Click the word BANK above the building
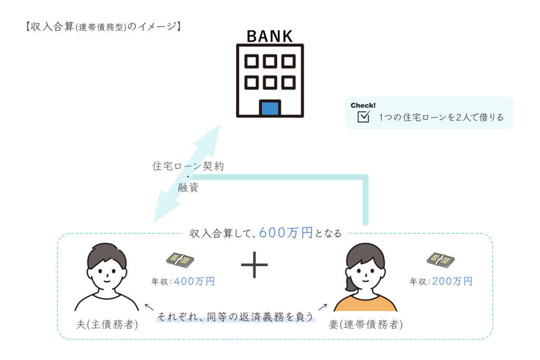click(269, 36)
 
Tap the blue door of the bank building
click(269, 109)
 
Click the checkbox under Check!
click(363, 117)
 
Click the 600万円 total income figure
click(286, 232)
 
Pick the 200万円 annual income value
click(452, 281)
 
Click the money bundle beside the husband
click(180, 260)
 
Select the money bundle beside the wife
click(440, 259)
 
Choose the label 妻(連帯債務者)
click(365, 325)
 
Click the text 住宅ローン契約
click(188, 167)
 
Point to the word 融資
click(188, 187)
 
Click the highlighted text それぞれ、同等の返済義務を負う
click(235, 318)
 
